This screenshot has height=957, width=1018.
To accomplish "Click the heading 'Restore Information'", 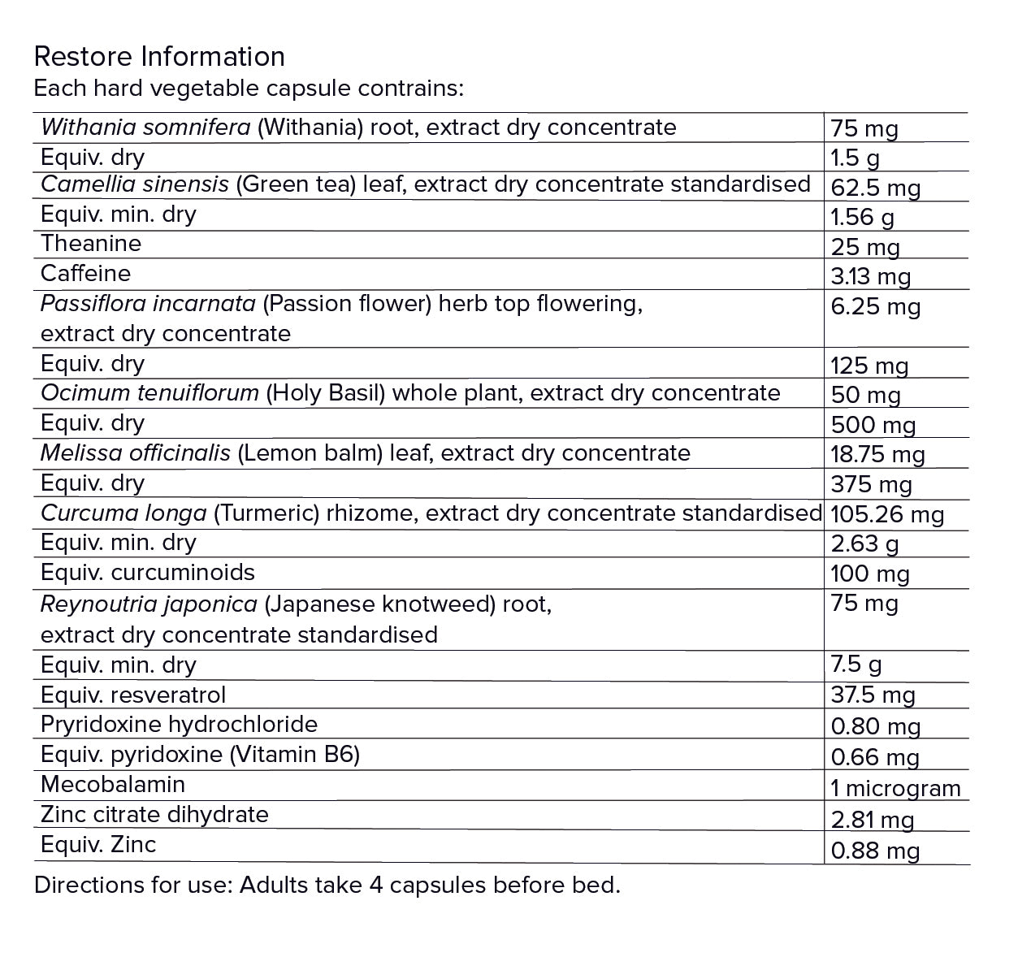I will (x=159, y=56).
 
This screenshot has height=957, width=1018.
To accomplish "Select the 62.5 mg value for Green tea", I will (x=875, y=188).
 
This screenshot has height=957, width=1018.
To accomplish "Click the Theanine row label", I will (x=91, y=243).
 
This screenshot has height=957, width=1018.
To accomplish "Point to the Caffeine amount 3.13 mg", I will (x=870, y=277).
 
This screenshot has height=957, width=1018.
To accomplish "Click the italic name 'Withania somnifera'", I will (x=145, y=127).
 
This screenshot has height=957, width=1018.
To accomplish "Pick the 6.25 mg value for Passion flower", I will (x=875, y=307).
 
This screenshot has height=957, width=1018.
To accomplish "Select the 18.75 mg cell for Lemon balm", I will (x=877, y=454).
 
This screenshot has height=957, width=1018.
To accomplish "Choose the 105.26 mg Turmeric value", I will (x=886, y=514).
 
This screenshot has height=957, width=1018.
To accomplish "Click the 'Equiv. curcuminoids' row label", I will (x=148, y=572).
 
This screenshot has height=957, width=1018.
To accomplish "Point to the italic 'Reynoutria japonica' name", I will (x=149, y=604).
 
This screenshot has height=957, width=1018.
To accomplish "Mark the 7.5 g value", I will (x=856, y=665).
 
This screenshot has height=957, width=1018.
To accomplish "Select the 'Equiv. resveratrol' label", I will (x=133, y=695).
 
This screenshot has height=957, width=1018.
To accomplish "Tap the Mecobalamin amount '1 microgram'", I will (x=895, y=788).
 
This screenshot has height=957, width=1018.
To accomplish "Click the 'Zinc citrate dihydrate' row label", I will (x=154, y=814).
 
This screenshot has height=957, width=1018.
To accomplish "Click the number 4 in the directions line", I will (x=376, y=885).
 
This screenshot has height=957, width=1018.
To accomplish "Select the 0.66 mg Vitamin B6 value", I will (x=875, y=757).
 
